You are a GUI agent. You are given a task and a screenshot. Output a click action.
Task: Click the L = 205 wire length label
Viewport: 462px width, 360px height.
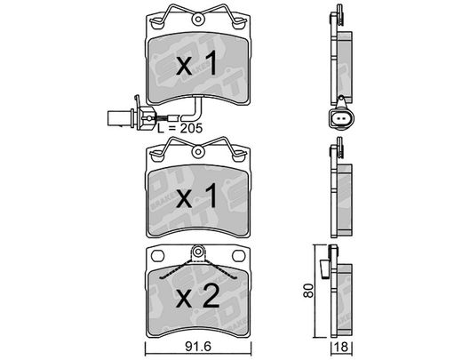(179, 128)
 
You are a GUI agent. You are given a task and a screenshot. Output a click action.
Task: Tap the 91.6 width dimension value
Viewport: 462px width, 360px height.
(198, 347)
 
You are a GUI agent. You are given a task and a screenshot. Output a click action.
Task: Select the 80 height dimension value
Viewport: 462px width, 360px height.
(308, 291)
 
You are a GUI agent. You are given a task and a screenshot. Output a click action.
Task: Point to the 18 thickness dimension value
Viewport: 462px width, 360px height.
(341, 347)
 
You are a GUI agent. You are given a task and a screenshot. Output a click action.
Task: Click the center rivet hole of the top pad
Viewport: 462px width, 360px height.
(198, 20)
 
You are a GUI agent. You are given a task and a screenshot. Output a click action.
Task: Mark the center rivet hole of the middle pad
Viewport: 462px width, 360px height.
(198, 152)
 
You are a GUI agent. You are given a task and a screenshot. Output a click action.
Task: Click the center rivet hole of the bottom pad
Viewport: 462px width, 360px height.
(198, 252)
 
